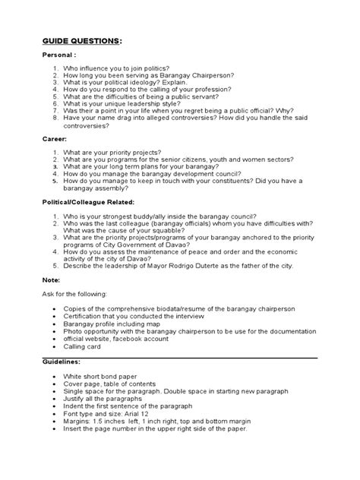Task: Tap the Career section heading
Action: [x=54, y=140]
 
